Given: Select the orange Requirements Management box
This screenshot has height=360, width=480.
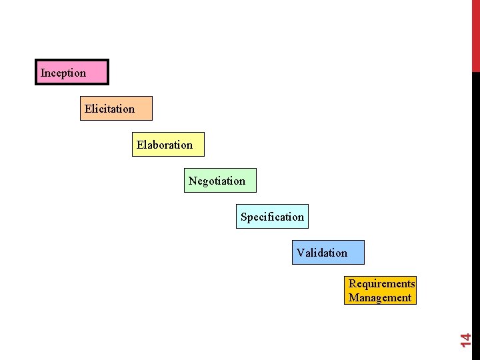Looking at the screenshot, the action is coord(381,291).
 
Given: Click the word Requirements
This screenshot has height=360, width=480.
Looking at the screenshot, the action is coord(381,284).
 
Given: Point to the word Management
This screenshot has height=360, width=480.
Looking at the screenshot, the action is coord(380,298).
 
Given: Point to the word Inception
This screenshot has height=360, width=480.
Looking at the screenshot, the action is coord(63,73).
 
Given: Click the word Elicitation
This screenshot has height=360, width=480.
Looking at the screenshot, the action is coord(109,109).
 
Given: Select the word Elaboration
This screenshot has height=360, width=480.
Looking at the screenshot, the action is coord(165,145).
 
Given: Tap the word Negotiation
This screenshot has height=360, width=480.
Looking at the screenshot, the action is coord(217,181).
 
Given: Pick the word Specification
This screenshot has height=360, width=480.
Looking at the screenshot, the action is coord(272,217).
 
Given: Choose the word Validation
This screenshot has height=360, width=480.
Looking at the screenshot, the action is coord(322,253).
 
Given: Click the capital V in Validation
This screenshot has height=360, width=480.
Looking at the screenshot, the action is coord(301,253).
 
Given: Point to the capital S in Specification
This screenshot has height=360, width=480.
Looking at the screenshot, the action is coord(244,217).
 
